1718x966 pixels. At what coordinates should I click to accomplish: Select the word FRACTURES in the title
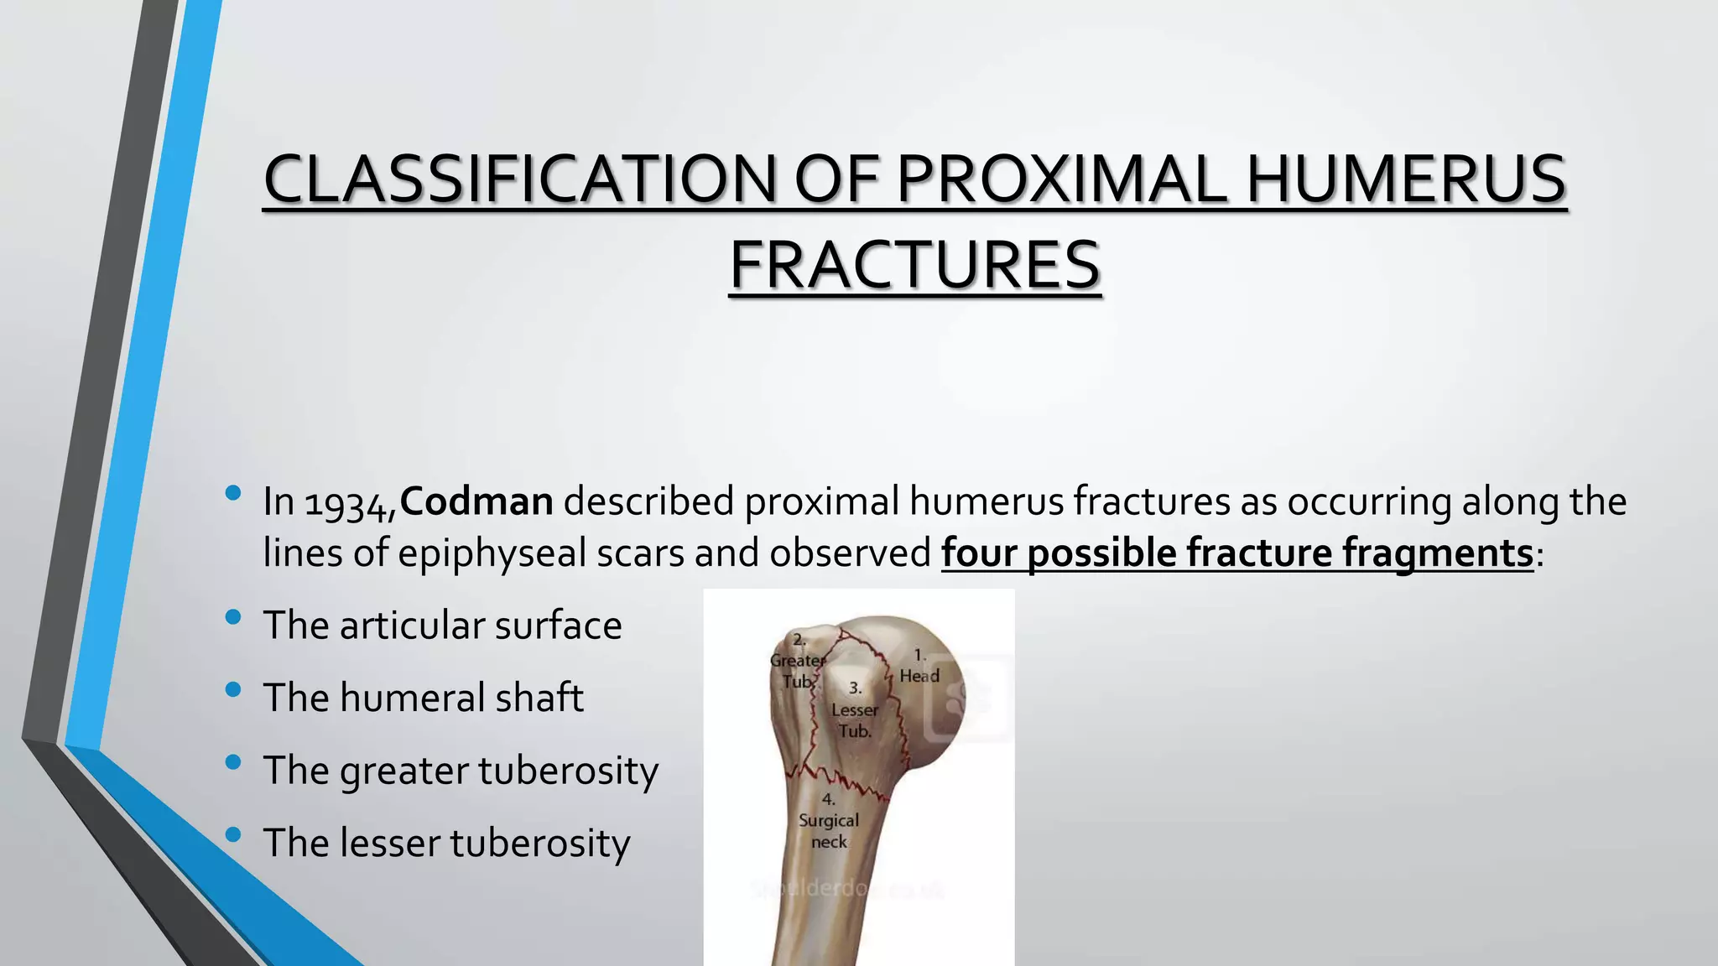tap(914, 265)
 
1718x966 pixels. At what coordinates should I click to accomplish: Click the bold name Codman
tap(476, 501)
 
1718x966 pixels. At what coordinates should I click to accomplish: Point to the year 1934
tap(350, 503)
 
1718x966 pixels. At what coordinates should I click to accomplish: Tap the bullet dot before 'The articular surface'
tap(233, 618)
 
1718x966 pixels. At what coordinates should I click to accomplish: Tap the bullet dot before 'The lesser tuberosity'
tap(233, 834)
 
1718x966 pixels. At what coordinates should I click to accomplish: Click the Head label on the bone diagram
tap(919, 676)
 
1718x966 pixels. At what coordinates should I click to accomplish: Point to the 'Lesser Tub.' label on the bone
tap(855, 719)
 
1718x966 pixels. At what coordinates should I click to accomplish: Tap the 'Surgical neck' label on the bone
tap(829, 830)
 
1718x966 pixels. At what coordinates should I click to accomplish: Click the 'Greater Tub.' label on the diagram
tap(798, 670)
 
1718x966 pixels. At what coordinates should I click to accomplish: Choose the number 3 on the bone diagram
tap(855, 688)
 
